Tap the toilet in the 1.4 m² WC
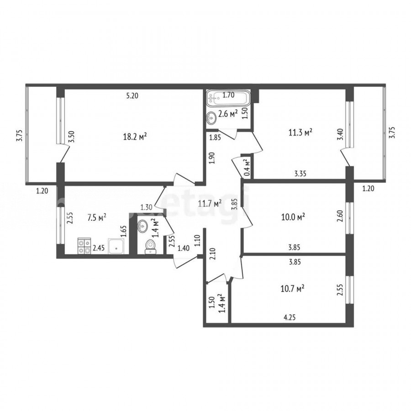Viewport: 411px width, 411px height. [x=150, y=247]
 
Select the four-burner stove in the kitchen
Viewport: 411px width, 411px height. [x=84, y=246]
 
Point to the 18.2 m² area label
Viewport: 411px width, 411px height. [x=135, y=136]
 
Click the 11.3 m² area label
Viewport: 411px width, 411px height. [x=300, y=132]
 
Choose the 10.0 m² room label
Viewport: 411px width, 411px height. [x=293, y=217]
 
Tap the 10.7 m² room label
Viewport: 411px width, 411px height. [x=292, y=289]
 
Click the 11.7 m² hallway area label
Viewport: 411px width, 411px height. [x=210, y=203]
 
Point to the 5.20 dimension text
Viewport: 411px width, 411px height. [x=132, y=96]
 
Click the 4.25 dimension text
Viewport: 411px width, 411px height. [x=290, y=317]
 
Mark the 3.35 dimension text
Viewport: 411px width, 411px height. [x=300, y=173]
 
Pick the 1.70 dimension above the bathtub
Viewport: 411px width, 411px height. [x=228, y=95]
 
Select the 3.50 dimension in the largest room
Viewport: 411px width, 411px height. [x=71, y=137]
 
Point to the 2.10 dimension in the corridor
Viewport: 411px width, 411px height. [x=212, y=254]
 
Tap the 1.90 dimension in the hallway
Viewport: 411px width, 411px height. [x=212, y=158]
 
